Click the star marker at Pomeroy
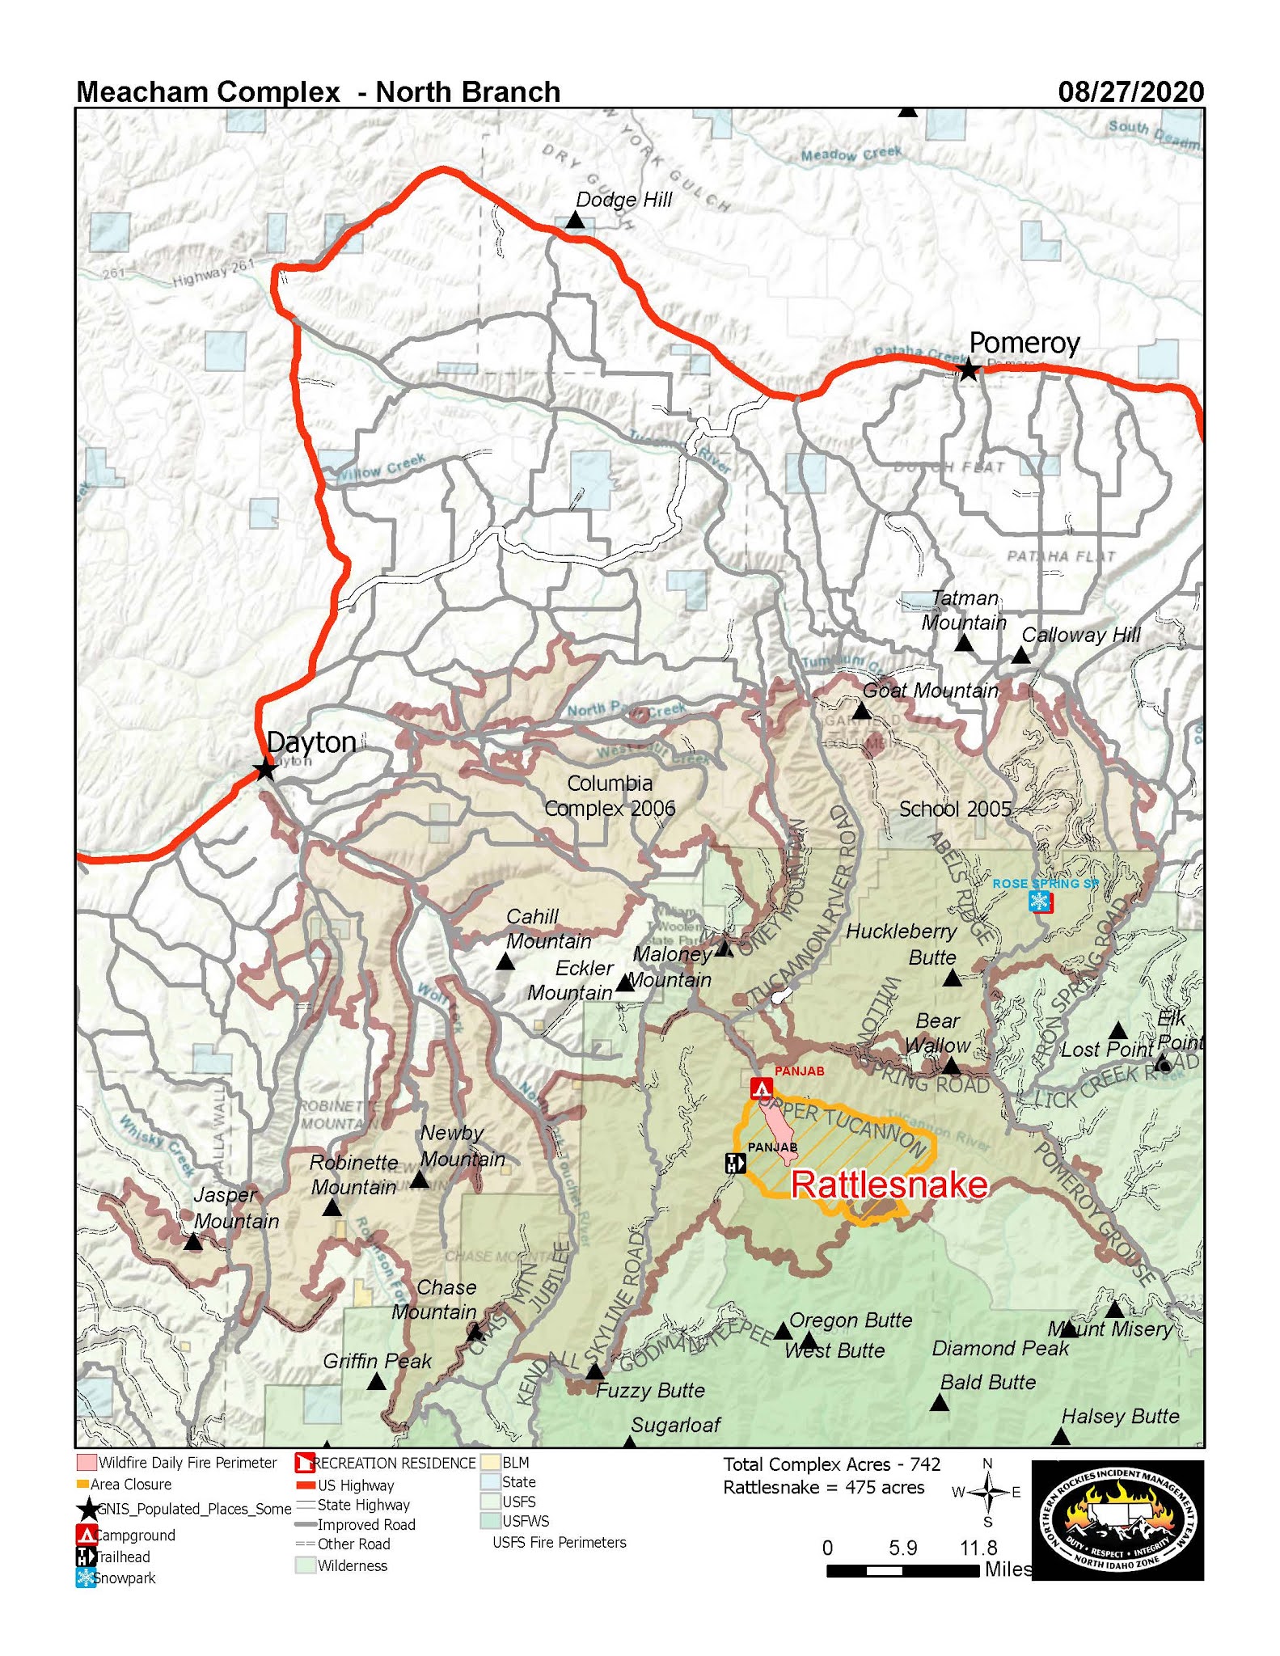(x=968, y=370)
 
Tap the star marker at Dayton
(x=264, y=769)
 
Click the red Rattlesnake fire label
(x=889, y=1185)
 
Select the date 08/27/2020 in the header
(x=1130, y=91)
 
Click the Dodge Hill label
(x=623, y=200)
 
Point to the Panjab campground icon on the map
(x=760, y=1088)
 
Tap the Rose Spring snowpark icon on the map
(x=1040, y=901)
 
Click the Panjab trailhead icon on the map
(x=735, y=1164)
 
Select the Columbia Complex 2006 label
(x=610, y=796)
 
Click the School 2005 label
(x=955, y=809)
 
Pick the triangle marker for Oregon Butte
(x=782, y=1331)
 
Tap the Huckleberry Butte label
(x=902, y=944)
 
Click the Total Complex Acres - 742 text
(x=831, y=1464)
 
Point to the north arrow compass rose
(x=987, y=1492)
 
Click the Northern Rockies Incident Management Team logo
(x=1117, y=1519)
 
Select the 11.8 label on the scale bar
(x=978, y=1548)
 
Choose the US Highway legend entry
(x=355, y=1485)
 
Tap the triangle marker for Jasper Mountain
(x=192, y=1243)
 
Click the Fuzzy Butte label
(x=650, y=1391)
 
